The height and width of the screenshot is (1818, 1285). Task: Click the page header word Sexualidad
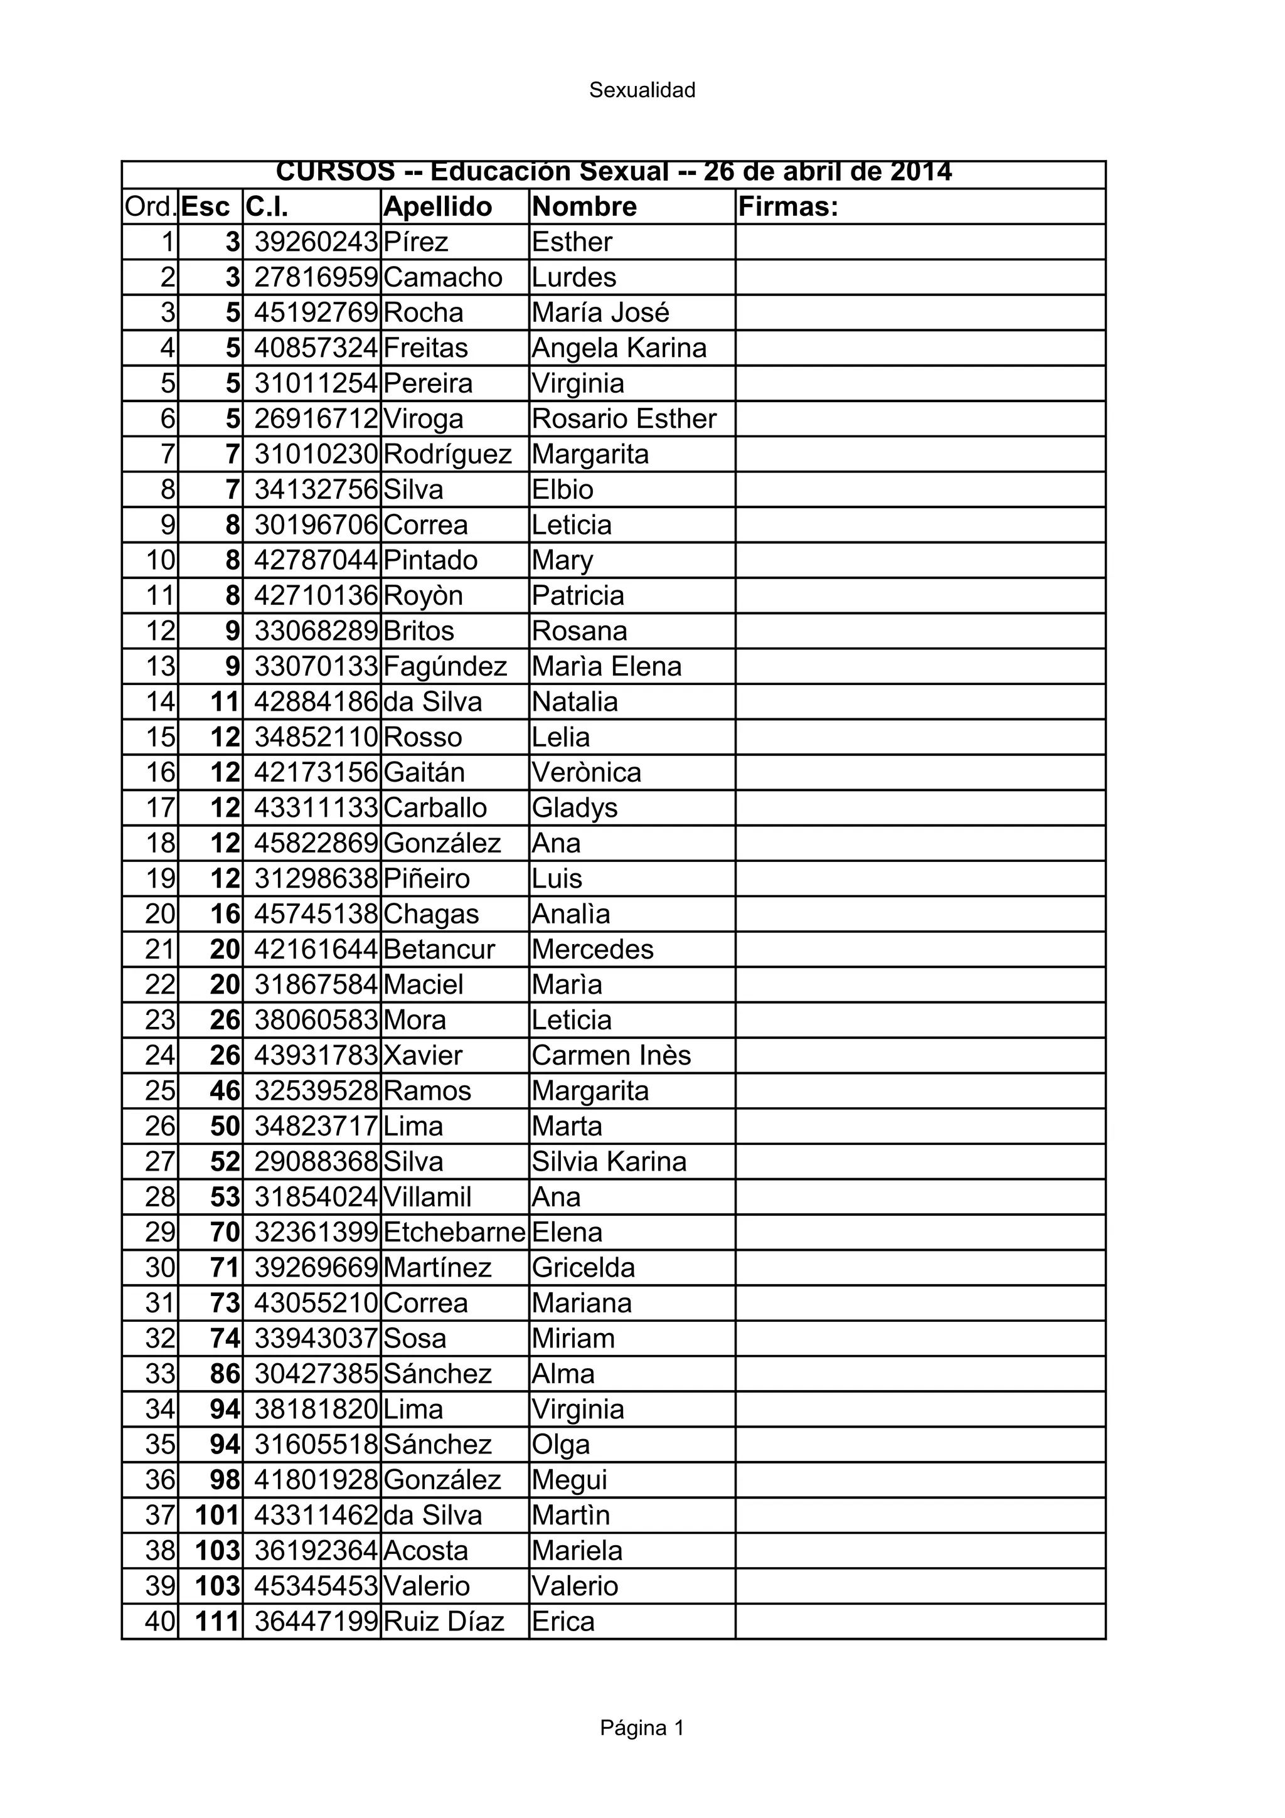pyautogui.click(x=641, y=90)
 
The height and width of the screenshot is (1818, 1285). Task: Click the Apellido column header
pyautogui.click(x=437, y=206)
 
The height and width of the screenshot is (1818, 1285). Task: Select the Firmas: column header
pyautogui.click(x=788, y=206)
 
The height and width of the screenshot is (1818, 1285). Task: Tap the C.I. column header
pyautogui.click(x=267, y=206)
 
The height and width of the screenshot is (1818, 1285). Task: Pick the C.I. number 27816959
pyautogui.click(x=316, y=278)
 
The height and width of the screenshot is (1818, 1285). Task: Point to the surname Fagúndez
pyautogui.click(x=445, y=667)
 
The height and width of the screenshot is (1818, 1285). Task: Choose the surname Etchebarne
pyautogui.click(x=454, y=1232)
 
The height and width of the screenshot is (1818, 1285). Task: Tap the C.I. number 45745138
pyautogui.click(x=316, y=914)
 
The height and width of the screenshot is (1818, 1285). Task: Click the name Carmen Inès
pyautogui.click(x=611, y=1056)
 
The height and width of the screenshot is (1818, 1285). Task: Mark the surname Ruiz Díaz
pyautogui.click(x=444, y=1622)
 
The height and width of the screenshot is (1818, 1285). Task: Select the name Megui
pyautogui.click(x=569, y=1480)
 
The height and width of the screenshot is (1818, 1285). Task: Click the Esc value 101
pyautogui.click(x=217, y=1515)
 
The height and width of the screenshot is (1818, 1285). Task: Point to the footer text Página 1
pyautogui.click(x=641, y=1728)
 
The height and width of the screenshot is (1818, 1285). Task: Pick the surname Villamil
pyautogui.click(x=427, y=1196)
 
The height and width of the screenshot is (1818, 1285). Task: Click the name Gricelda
pyautogui.click(x=584, y=1268)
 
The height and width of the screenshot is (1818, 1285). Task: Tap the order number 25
pyautogui.click(x=160, y=1091)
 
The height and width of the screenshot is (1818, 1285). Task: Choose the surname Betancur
pyautogui.click(x=439, y=949)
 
